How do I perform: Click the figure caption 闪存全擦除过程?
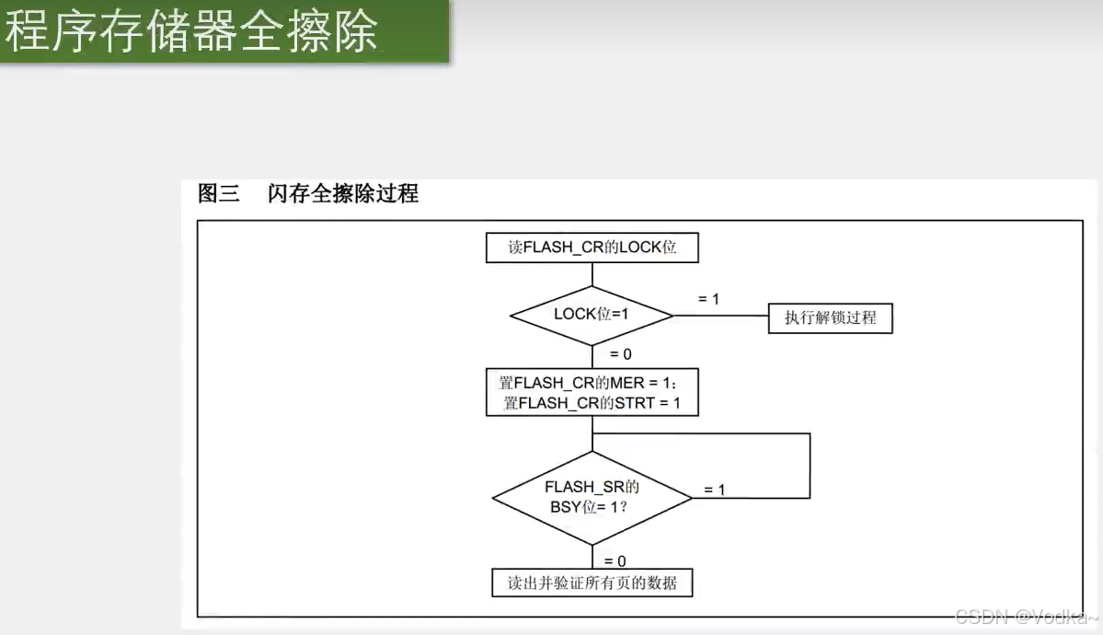[x=343, y=193]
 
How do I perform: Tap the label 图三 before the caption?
[x=218, y=193]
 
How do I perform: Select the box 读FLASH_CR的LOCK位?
[x=592, y=248]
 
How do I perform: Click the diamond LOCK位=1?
[x=592, y=315]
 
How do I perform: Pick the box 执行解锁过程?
[x=830, y=318]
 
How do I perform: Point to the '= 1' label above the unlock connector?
[x=708, y=299]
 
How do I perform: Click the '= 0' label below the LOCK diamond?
[x=620, y=354]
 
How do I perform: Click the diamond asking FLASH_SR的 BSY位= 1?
[x=592, y=498]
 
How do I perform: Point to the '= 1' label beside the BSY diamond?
[x=714, y=490]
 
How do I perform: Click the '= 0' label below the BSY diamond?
[x=615, y=560]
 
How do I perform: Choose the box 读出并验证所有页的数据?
[x=592, y=583]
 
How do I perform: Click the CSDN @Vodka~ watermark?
[x=1027, y=616]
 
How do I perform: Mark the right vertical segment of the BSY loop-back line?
[x=810, y=465]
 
